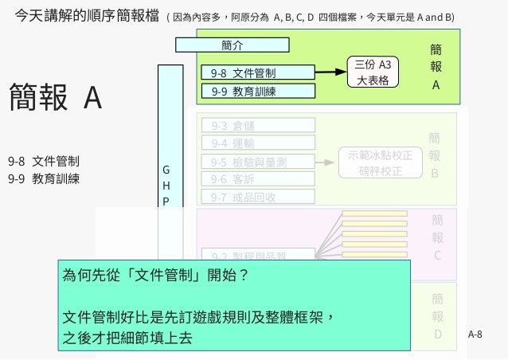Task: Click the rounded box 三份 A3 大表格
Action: pyautogui.click(x=373, y=72)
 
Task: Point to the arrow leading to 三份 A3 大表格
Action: pyautogui.click(x=330, y=72)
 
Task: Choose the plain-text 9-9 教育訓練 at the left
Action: pyautogui.click(x=43, y=178)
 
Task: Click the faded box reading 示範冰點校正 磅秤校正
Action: pyautogui.click(x=380, y=162)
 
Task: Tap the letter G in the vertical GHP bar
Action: pyautogui.click(x=166, y=170)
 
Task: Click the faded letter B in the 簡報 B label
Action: pyautogui.click(x=435, y=173)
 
